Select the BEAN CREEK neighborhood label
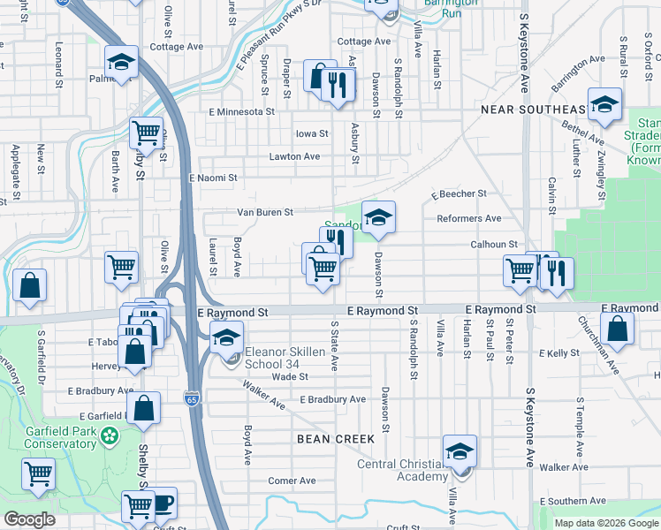(x=336, y=439)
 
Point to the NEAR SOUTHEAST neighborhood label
(x=532, y=109)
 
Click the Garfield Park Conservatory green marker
(x=109, y=435)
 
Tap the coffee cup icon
(x=163, y=503)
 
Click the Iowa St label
(x=311, y=134)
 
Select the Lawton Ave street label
(x=294, y=156)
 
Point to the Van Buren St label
(x=264, y=212)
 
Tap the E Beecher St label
(x=459, y=193)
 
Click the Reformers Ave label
(x=468, y=218)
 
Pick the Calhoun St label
(x=492, y=245)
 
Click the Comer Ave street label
(x=292, y=481)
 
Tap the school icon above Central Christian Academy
(x=459, y=451)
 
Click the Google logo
(x=29, y=519)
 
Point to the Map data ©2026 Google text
(x=605, y=523)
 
